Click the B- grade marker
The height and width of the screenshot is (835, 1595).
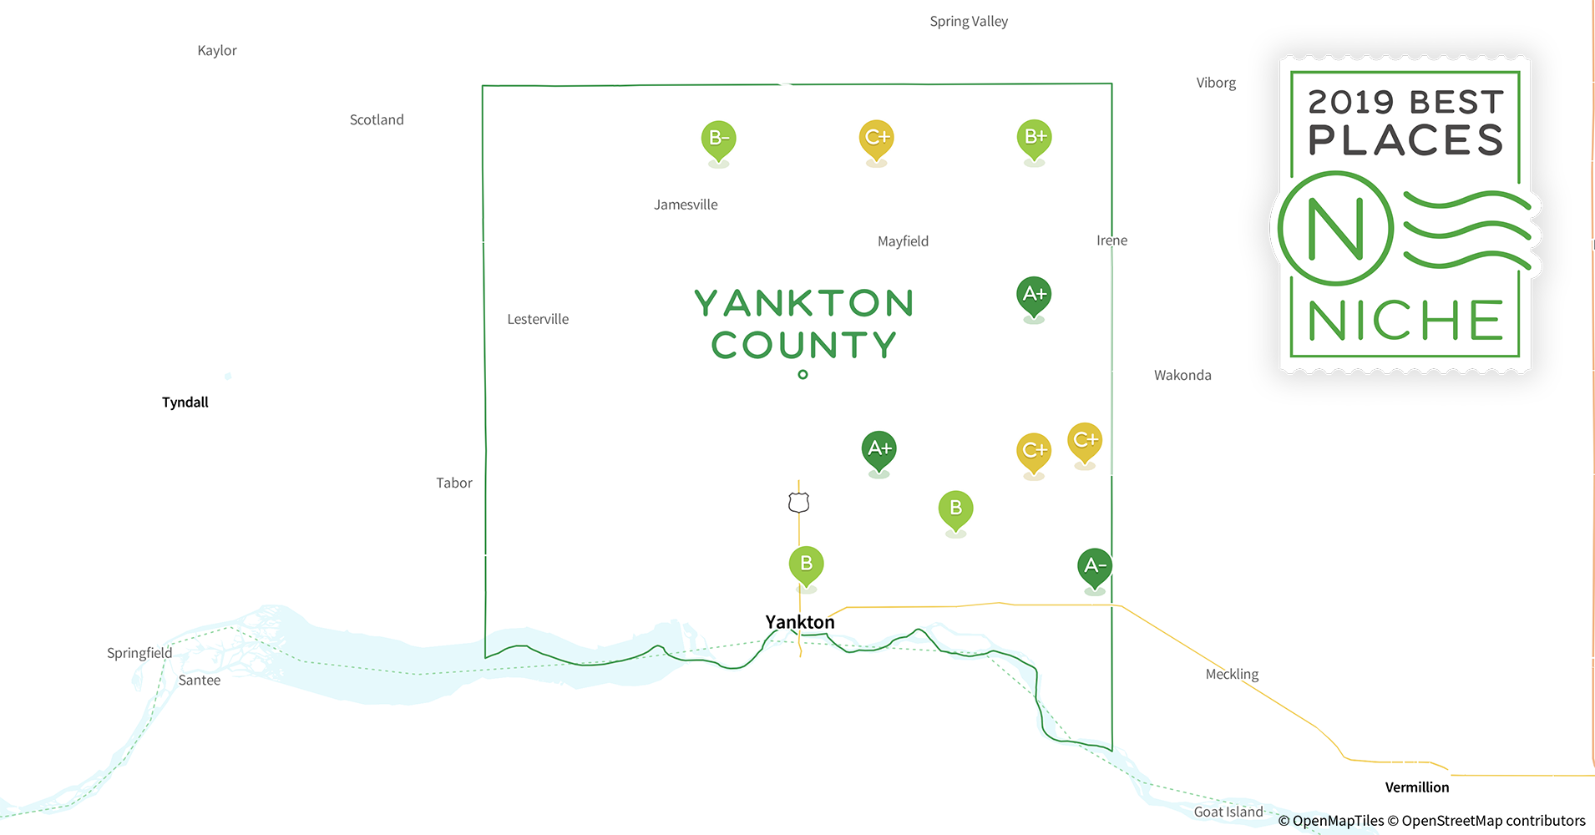718,139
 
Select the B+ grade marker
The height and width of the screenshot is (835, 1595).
1034,138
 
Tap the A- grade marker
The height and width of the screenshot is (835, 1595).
1094,567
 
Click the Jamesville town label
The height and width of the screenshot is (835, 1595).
686,205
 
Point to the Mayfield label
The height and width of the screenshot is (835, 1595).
903,241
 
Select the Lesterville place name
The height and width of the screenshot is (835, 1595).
538,319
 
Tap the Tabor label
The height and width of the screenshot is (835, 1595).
454,483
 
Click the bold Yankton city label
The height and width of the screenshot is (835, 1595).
800,622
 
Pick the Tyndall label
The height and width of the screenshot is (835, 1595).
185,402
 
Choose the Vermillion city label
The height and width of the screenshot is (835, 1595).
1417,787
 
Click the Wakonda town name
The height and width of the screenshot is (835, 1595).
1182,376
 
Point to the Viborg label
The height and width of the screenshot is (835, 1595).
1216,83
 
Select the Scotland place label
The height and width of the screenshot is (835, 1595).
377,120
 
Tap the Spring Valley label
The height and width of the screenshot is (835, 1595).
969,22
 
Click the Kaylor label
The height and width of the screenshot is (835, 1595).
217,51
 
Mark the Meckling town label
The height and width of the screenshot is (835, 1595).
1232,674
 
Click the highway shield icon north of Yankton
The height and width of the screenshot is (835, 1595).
799,503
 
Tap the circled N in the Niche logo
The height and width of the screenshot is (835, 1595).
1335,229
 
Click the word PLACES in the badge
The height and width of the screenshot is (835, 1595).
1405,140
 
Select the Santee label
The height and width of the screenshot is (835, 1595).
200,681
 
